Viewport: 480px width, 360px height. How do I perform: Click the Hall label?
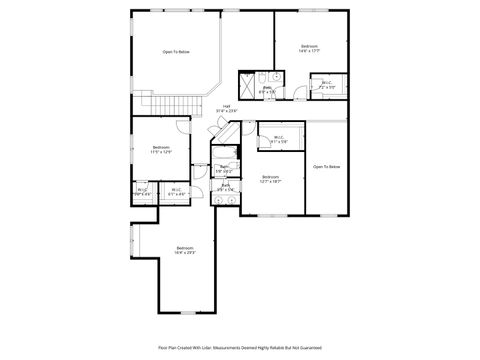point(227,108)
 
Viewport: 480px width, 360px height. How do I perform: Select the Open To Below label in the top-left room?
point(177,52)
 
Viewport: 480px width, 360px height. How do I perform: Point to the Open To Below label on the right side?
point(326,166)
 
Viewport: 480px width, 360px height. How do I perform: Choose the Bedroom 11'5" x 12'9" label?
point(161,150)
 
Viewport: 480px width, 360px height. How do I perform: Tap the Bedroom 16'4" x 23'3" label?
point(185,250)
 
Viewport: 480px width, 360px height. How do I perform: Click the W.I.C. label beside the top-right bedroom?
point(327,84)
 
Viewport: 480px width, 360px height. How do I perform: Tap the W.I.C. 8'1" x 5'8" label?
point(279,141)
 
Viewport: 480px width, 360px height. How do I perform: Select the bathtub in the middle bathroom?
point(227,154)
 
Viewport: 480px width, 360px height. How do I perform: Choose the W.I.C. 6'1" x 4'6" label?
point(175,192)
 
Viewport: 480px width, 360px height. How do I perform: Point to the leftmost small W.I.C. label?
point(143,192)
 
